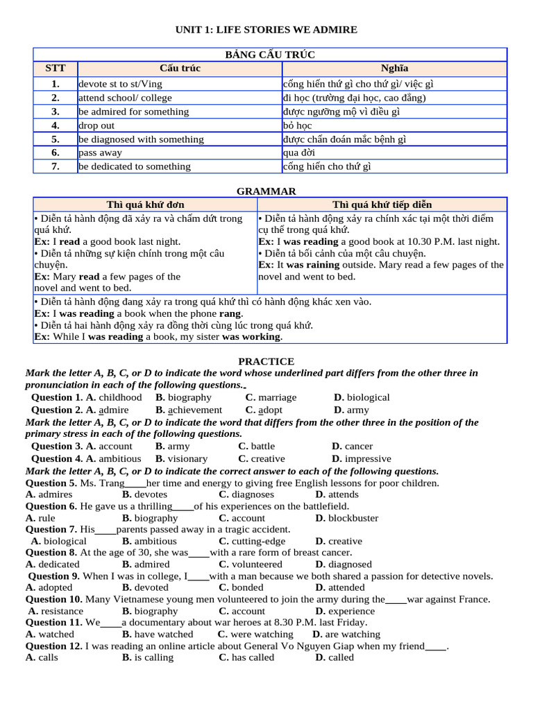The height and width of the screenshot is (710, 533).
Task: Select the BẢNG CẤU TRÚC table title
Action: (x=270, y=55)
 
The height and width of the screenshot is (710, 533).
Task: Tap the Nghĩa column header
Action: (x=394, y=69)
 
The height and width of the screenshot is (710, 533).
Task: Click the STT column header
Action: (x=56, y=69)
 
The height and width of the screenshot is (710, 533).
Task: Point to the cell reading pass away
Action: (x=100, y=153)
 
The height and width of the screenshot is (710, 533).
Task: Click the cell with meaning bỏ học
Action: (x=298, y=125)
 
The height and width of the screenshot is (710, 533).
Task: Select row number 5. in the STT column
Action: (x=56, y=139)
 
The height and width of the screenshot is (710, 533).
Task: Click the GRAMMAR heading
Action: (x=266, y=191)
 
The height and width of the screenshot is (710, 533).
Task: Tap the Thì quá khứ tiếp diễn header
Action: (x=382, y=205)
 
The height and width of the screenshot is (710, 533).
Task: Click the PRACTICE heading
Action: (x=266, y=361)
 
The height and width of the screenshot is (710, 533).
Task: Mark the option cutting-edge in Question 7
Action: (x=252, y=542)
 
